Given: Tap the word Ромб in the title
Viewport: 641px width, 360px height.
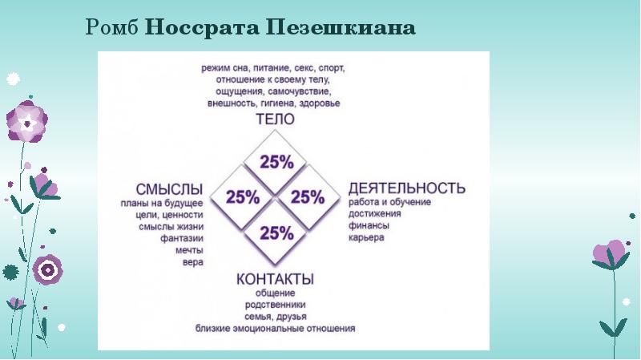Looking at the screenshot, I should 113,30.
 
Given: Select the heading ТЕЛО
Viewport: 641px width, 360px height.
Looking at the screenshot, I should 275,119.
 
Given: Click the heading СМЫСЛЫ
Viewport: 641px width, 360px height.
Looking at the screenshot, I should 169,189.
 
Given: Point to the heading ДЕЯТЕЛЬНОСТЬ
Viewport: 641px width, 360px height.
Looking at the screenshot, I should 407,188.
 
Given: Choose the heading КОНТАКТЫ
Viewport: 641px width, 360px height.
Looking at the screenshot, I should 275,280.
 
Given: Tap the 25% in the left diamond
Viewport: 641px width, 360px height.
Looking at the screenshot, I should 243,197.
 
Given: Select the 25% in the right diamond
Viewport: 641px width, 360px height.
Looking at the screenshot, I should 307,197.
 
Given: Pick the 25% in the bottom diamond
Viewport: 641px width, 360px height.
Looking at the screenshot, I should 276,233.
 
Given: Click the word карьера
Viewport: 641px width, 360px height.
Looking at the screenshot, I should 367,238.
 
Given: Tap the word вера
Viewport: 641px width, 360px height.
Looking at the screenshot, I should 193,262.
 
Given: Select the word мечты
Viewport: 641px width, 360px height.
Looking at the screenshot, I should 190,250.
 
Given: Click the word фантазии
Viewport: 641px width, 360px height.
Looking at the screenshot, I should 183,238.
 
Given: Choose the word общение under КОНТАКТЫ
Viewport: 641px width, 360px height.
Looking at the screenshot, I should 275,293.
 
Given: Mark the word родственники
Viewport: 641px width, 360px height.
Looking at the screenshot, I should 275,305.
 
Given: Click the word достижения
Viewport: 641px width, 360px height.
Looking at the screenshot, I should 376,214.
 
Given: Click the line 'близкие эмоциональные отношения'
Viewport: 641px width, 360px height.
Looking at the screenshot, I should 275,329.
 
